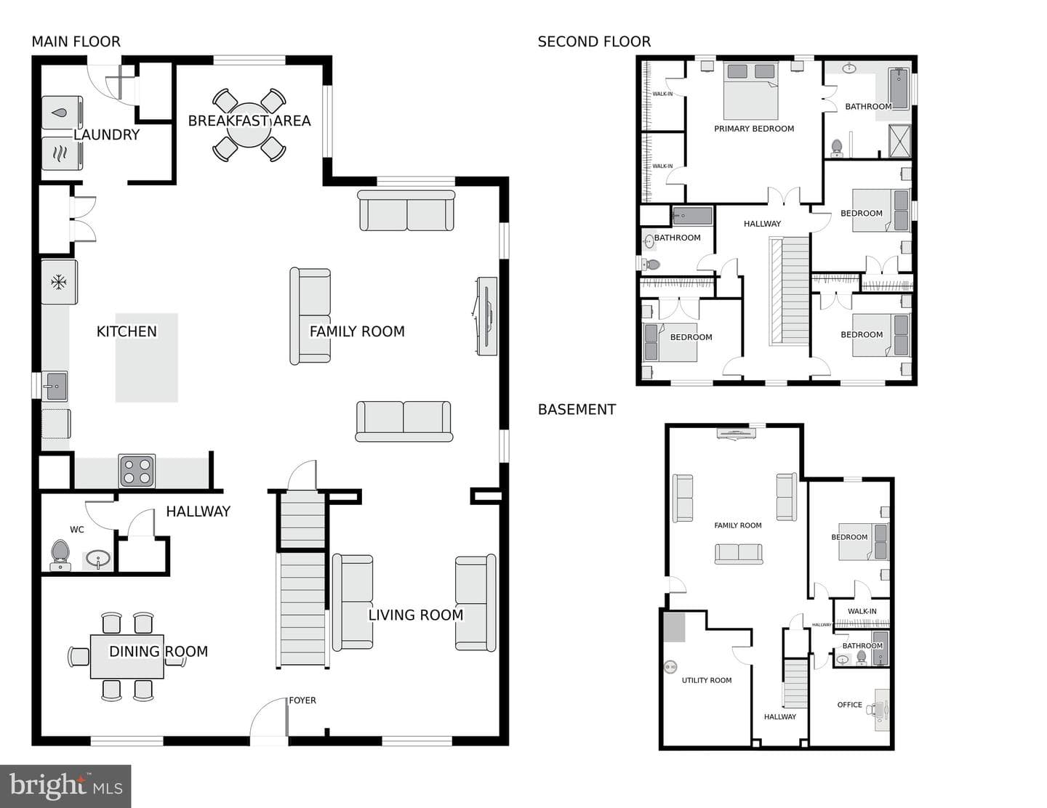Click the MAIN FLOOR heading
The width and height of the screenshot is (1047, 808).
pos(76,42)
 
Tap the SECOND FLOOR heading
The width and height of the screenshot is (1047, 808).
pos(594,42)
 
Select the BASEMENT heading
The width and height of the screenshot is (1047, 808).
pos(577,410)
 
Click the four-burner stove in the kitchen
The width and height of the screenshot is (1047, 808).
pos(137,470)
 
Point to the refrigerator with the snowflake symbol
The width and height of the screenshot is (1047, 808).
pos(59,282)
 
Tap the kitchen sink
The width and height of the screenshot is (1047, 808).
pos(55,386)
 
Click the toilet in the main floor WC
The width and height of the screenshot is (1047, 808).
pos(60,555)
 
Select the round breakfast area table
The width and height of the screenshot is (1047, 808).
pos(249,125)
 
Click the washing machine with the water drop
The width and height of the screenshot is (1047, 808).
pos(62,113)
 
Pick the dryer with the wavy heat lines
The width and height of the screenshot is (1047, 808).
pos(62,153)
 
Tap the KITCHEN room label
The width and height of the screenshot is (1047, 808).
pos(127,331)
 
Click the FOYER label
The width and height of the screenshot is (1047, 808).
pos(302,700)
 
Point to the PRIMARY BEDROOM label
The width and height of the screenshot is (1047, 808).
pos(754,129)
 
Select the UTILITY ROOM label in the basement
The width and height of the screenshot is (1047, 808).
pos(707,680)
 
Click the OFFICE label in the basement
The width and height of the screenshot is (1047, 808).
pos(849,705)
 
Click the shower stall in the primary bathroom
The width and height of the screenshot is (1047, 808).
pos(899,141)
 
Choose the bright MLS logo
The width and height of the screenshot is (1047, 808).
pos(65,786)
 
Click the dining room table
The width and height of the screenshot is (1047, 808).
pos(127,656)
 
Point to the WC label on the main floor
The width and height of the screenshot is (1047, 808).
pos(77,530)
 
